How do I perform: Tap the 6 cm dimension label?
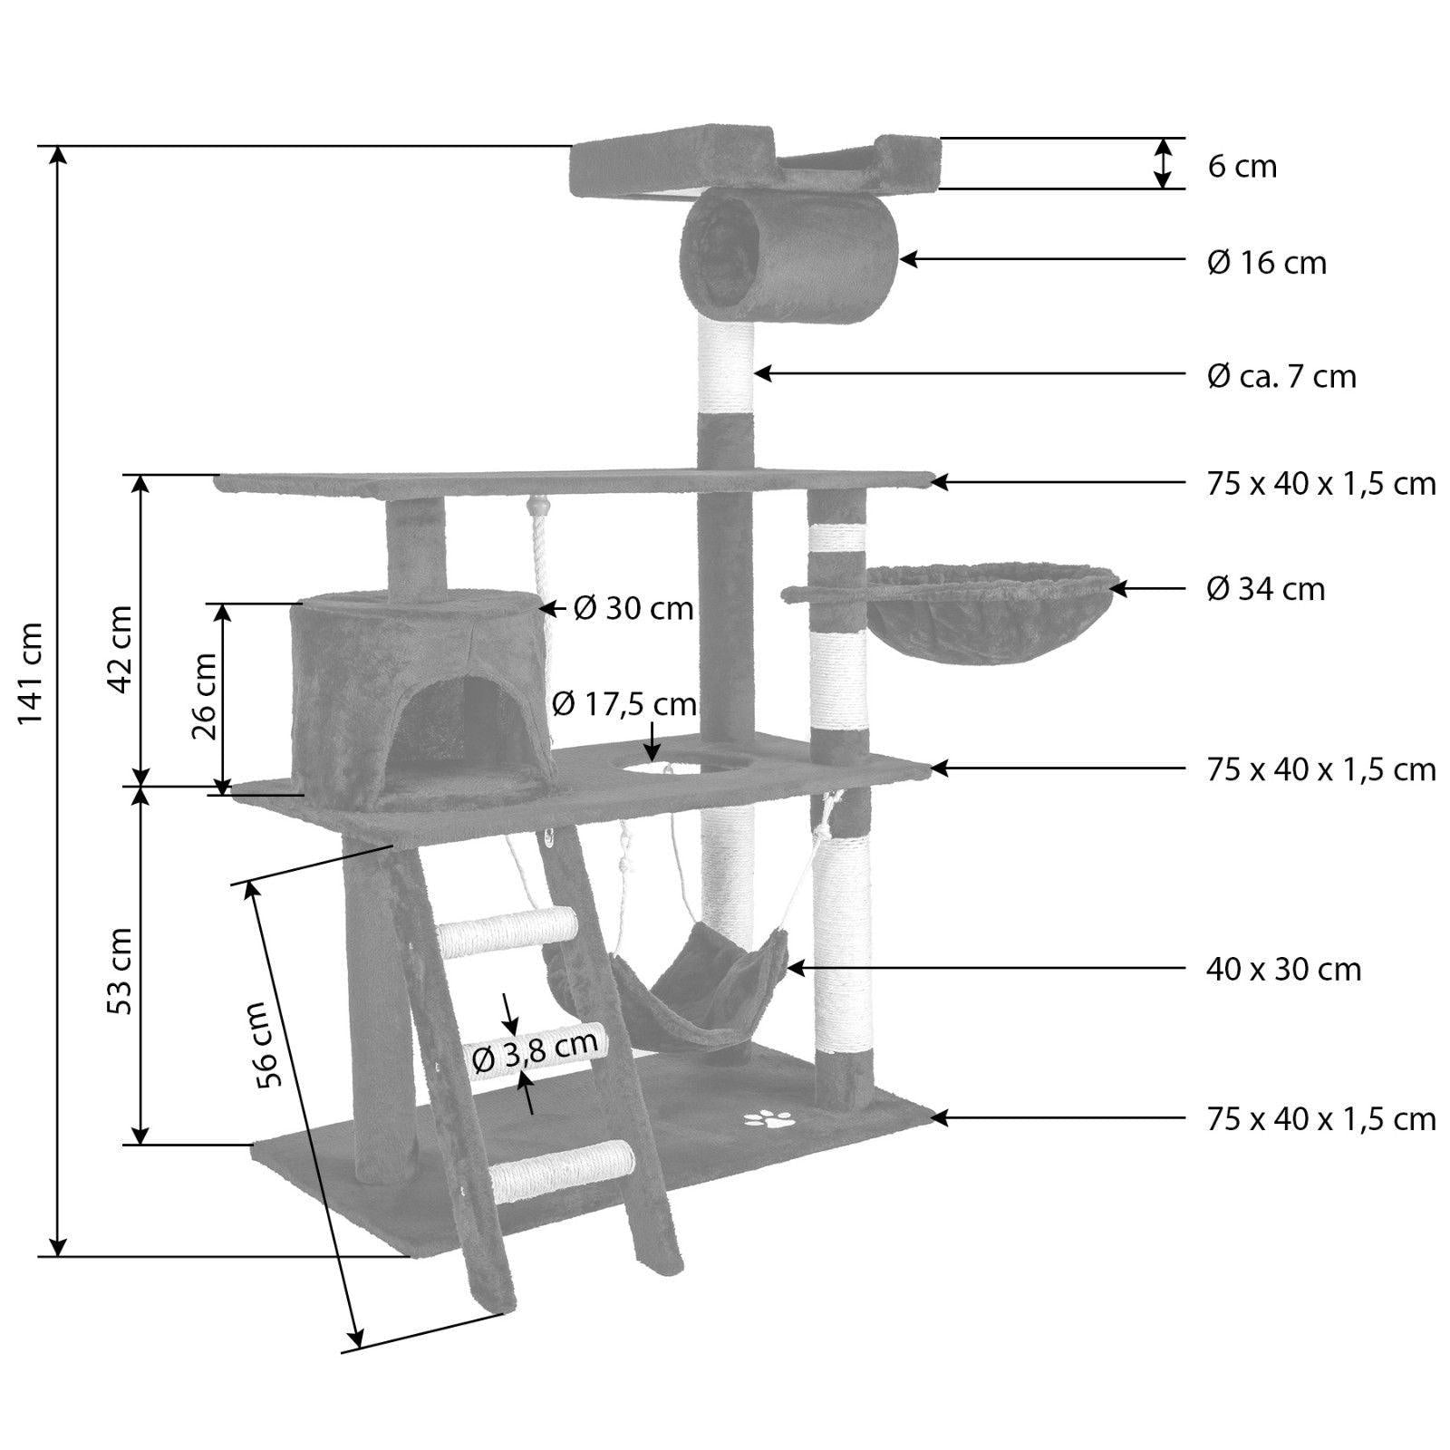click(1242, 167)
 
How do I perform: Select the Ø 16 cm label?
click(1266, 263)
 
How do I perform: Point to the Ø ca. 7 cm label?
click(1281, 375)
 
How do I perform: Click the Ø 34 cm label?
click(1265, 589)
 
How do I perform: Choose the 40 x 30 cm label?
click(1283, 970)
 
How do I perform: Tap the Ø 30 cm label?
click(633, 608)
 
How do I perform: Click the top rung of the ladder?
click(507, 932)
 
